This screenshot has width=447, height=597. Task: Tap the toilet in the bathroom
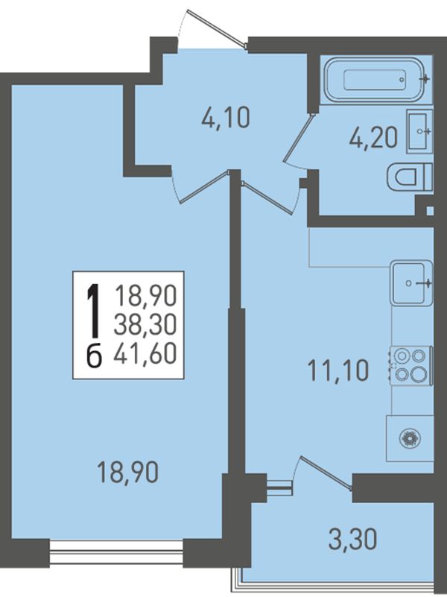[x=409, y=177]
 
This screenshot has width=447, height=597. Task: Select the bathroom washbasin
[x=419, y=131]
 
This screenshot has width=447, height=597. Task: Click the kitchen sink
[x=413, y=283]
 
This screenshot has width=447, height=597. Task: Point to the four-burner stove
[x=410, y=365]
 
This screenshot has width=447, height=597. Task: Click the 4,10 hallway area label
[x=226, y=118]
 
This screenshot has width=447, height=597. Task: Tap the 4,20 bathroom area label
[x=373, y=137]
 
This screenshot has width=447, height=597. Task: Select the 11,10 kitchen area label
[x=338, y=370]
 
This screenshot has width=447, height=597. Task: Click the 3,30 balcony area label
[x=352, y=539]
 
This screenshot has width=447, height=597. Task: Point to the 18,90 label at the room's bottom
[x=128, y=472]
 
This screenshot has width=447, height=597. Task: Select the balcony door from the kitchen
[x=326, y=472]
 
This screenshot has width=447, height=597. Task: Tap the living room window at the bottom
[x=116, y=553]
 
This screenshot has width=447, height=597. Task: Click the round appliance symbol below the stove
[x=410, y=438]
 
